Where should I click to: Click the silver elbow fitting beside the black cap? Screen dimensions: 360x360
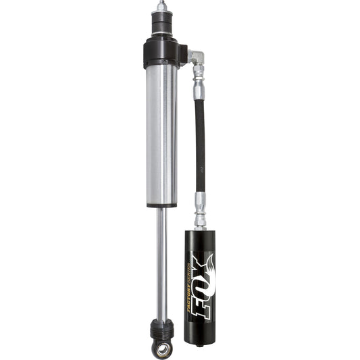click(195, 57)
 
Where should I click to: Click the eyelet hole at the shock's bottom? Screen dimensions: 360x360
click(162, 349)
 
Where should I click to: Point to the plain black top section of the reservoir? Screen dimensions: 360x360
click(201, 240)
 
